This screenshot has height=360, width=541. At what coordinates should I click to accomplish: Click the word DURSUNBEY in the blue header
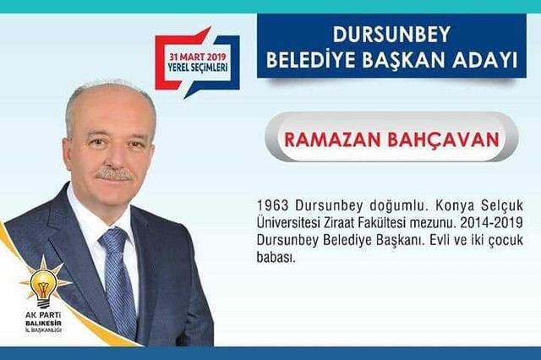391,34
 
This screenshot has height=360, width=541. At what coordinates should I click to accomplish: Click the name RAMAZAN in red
332,139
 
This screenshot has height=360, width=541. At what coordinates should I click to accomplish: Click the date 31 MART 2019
197,57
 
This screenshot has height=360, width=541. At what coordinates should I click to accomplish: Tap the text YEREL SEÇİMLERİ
198,67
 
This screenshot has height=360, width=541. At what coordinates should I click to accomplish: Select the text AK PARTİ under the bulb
43,315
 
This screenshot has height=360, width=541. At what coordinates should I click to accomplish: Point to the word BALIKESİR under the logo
43,324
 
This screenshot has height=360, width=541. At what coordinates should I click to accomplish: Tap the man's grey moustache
115,174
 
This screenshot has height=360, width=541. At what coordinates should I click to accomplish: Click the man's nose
115,155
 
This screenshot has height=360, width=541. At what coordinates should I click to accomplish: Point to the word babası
276,257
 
